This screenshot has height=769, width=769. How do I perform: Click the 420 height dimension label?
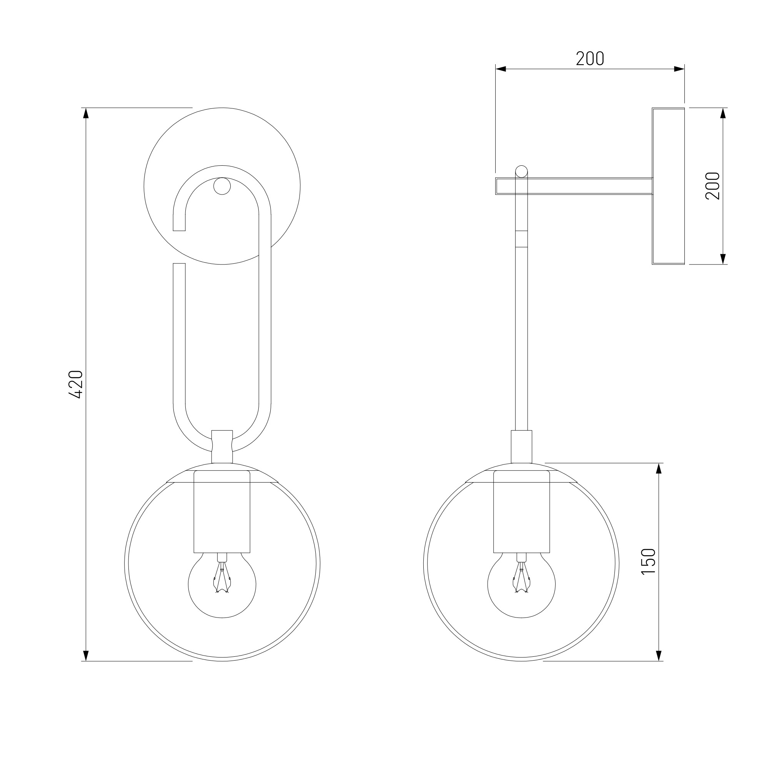[76, 384]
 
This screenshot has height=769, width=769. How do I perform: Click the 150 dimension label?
[648, 562]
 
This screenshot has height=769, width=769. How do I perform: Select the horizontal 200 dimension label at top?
[590, 59]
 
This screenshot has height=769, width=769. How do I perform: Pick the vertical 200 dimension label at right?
[712, 186]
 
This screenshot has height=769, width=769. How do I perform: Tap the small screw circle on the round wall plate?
[222, 186]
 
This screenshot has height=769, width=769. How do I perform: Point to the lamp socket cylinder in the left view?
[222, 512]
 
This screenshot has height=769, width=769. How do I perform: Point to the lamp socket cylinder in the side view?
[521, 512]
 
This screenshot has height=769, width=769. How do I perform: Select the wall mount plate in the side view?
[668, 186]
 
